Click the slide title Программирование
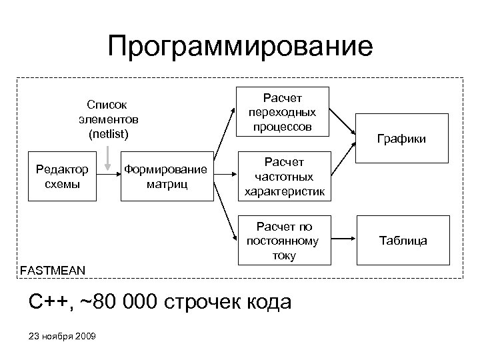(x=240, y=47)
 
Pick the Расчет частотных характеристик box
(x=284, y=177)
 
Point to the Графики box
(x=401, y=139)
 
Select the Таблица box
(x=403, y=241)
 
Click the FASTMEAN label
(x=53, y=271)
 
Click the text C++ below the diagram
(x=49, y=302)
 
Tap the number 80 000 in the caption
(x=126, y=302)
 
